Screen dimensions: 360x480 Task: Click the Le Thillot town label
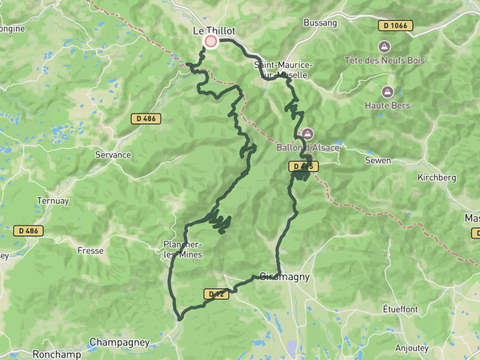(x=214, y=30)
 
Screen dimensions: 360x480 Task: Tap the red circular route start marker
(x=211, y=42)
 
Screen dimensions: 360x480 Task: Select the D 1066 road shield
(x=396, y=25)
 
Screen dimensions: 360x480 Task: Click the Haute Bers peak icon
(x=388, y=92)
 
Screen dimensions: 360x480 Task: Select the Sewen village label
(x=378, y=161)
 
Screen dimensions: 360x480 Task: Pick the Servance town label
(x=113, y=154)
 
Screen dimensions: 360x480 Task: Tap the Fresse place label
(x=90, y=250)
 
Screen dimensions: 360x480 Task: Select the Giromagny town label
(x=285, y=277)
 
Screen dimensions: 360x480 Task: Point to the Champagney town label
(x=119, y=342)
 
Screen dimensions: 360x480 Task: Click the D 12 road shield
(x=216, y=294)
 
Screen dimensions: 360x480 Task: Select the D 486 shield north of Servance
(x=146, y=118)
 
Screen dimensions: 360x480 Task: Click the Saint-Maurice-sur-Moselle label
(x=282, y=69)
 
